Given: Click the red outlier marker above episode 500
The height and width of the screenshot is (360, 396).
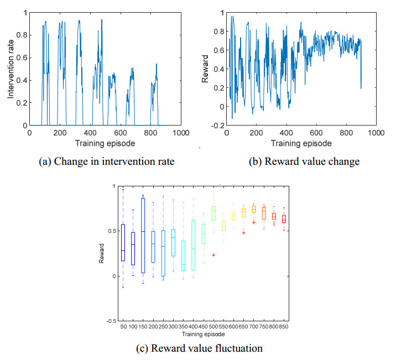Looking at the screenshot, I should [213, 255].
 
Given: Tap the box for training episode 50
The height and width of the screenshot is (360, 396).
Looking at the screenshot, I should [123, 242].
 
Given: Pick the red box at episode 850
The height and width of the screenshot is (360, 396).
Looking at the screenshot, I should [284, 219].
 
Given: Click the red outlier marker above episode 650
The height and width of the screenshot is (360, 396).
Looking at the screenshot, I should [244, 233].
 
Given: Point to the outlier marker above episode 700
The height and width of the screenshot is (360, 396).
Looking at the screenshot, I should [254, 222].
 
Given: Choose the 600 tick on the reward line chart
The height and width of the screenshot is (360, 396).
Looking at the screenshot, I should [316, 133].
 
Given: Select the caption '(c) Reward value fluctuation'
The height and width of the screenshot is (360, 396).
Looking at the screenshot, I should [198, 348].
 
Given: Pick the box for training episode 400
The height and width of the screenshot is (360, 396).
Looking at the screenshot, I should [193, 245].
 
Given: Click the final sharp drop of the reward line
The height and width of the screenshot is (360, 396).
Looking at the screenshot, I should [361, 72].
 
